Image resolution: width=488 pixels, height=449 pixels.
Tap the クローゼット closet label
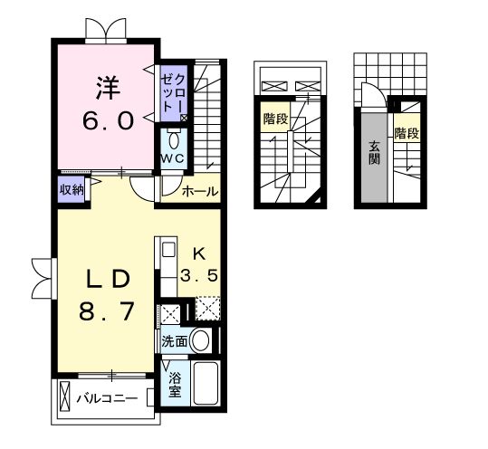click(174, 91)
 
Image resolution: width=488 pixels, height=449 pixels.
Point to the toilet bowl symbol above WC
click(173, 141)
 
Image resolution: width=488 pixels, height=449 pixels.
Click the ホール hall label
click(199, 192)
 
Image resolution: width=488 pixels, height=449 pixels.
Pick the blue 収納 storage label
click(72, 189)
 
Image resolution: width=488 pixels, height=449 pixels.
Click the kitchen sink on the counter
click(167, 250)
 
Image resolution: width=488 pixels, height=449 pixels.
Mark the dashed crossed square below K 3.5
click(208, 310)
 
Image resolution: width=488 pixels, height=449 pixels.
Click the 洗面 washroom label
click(175, 341)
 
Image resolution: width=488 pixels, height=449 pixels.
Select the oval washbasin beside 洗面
click(202, 340)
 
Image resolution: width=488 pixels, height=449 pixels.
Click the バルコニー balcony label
click(106, 397)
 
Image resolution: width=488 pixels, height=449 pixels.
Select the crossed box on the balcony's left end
click(64, 396)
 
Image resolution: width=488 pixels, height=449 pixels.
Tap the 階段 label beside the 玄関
click(407, 134)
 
